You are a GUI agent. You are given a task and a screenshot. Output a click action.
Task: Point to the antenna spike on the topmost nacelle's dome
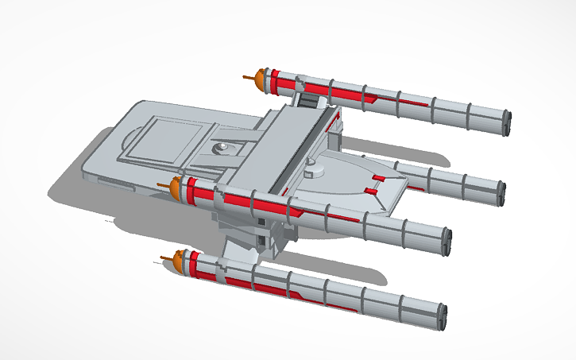tap(248, 78)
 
